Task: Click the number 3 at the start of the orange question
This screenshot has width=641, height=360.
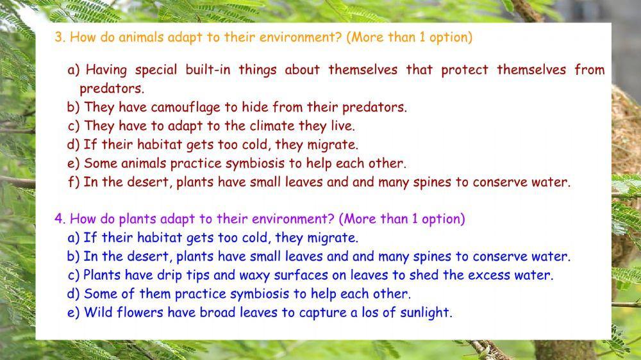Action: click(x=58, y=37)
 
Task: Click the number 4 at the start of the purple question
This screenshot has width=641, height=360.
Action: click(x=58, y=219)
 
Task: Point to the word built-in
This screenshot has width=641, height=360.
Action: click(x=209, y=70)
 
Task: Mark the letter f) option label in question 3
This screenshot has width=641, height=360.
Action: click(x=74, y=182)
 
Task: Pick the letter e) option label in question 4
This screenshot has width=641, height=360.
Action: click(x=74, y=313)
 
